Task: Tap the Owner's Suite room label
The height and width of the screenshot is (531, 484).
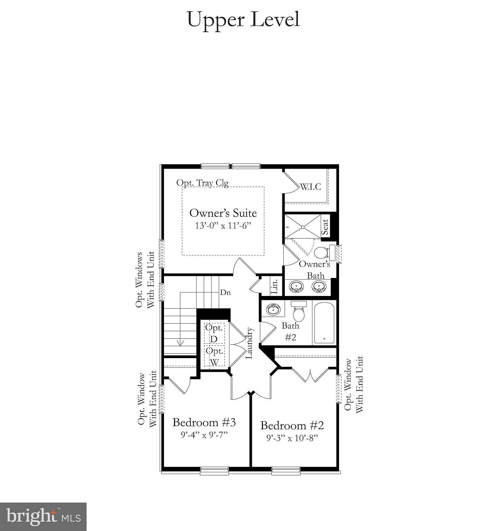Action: [x=223, y=213]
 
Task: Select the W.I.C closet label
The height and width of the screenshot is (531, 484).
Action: [x=310, y=187]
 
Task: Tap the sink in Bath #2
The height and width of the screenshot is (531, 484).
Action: [x=274, y=309]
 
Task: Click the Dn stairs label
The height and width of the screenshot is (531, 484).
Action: [x=225, y=292]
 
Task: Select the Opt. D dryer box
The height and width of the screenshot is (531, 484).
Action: [x=214, y=333]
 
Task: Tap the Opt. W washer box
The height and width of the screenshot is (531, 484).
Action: [x=214, y=356]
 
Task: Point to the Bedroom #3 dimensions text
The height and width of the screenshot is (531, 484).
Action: [x=204, y=435]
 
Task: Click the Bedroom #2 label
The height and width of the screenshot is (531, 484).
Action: [x=292, y=425]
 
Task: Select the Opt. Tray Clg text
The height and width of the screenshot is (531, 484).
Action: [x=202, y=183]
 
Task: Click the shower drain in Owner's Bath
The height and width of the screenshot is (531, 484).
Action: [x=303, y=227]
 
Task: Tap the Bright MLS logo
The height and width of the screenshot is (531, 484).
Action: [x=43, y=517]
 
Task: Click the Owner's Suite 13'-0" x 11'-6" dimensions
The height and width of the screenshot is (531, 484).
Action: [x=223, y=225]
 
